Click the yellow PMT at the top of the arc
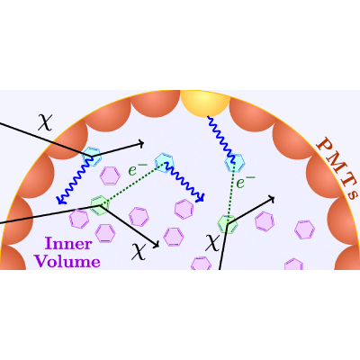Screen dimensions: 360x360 click(x=205, y=102)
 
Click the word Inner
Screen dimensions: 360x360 click(x=67, y=244)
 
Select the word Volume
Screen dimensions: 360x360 click(x=67, y=261)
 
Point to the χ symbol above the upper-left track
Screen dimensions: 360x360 click(x=45, y=121)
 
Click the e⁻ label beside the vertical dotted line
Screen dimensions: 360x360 click(x=246, y=182)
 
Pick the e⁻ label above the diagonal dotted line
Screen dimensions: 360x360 click(x=138, y=169)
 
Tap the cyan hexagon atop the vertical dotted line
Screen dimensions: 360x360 click(x=235, y=163)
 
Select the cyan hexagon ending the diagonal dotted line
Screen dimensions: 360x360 click(x=165, y=163)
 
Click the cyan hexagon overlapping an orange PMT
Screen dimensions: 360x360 click(x=92, y=157)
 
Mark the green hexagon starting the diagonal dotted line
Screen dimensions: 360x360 click(x=100, y=205)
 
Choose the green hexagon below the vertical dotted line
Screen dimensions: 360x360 click(x=228, y=224)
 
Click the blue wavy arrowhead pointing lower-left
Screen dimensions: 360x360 click(x=60, y=200)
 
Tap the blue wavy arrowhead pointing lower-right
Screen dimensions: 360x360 click(x=201, y=198)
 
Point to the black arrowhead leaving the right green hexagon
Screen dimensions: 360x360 click(x=271, y=198)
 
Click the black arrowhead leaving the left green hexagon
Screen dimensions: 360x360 click(x=156, y=245)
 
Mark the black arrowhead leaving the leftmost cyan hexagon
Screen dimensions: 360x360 click(x=141, y=144)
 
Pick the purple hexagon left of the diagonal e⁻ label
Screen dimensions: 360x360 click(x=110, y=175)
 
